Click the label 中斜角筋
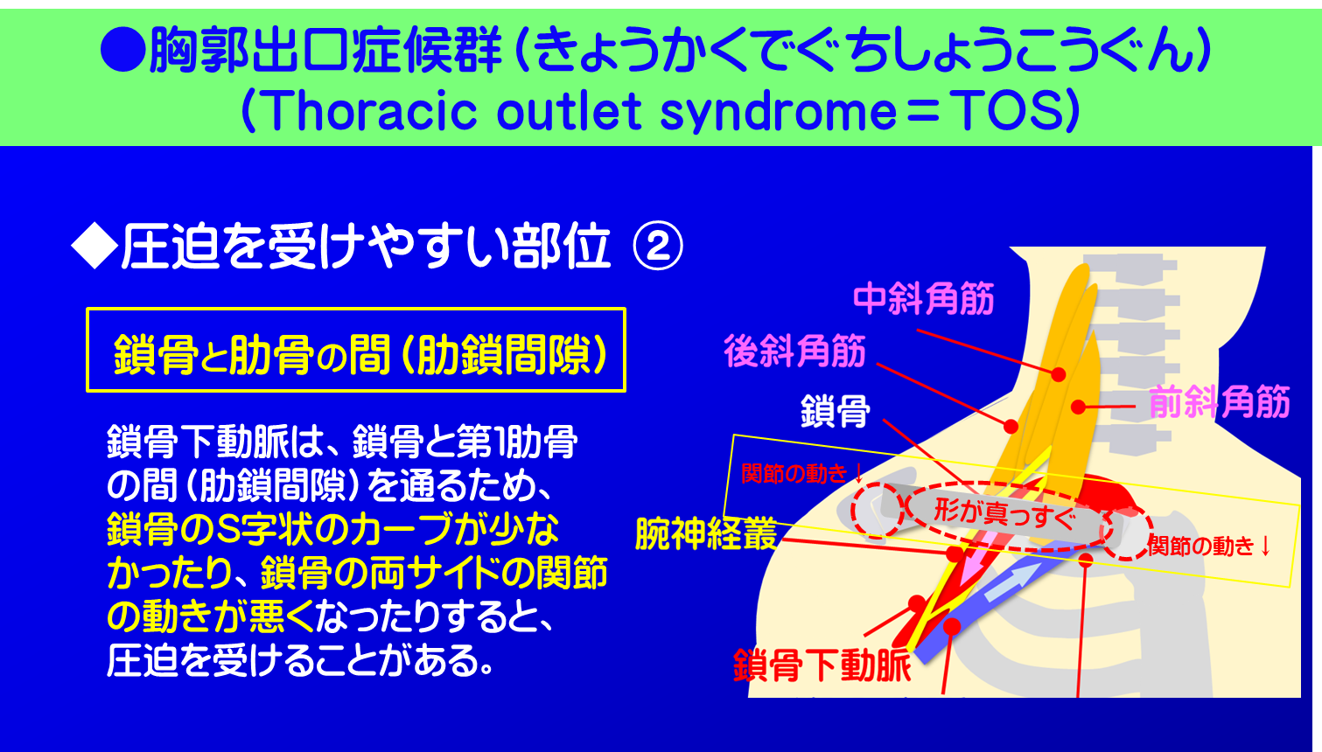pyautogui.click(x=923, y=299)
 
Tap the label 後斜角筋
pyautogui.click(x=794, y=352)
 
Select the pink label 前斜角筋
pyautogui.click(x=1219, y=402)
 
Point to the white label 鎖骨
pyautogui.click(x=836, y=411)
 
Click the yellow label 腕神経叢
pyautogui.click(x=706, y=533)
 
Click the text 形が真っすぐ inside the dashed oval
pyautogui.click(x=1004, y=512)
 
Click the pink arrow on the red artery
pyautogui.click(x=971, y=568)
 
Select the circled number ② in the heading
pyautogui.click(x=657, y=247)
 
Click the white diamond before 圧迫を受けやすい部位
pyautogui.click(x=94, y=247)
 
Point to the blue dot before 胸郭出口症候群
pyautogui.click(x=122, y=50)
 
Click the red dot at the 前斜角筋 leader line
pyautogui.click(x=1079, y=407)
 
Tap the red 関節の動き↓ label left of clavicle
pyautogui.click(x=801, y=474)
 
